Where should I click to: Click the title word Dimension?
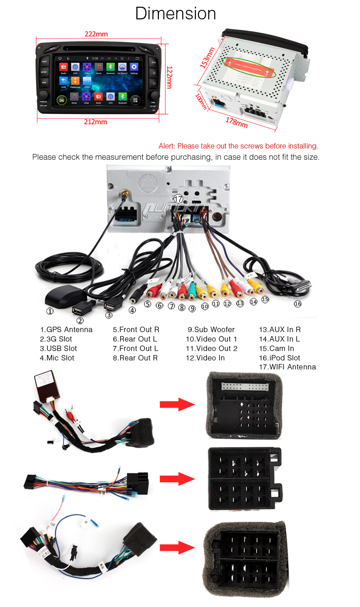tap(175, 13)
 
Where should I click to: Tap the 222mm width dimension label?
tap(96, 34)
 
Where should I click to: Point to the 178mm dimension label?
tap(236, 122)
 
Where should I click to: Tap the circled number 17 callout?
tap(179, 198)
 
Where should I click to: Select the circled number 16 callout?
tap(297, 304)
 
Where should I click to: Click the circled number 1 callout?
tap(50, 311)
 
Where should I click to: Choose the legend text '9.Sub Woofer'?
tap(211, 330)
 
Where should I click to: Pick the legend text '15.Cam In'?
tap(276, 349)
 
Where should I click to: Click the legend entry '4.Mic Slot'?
tap(57, 358)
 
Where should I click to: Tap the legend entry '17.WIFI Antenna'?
tap(288, 367)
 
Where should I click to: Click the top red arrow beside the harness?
tap(176, 404)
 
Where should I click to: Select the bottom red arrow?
tap(176, 548)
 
